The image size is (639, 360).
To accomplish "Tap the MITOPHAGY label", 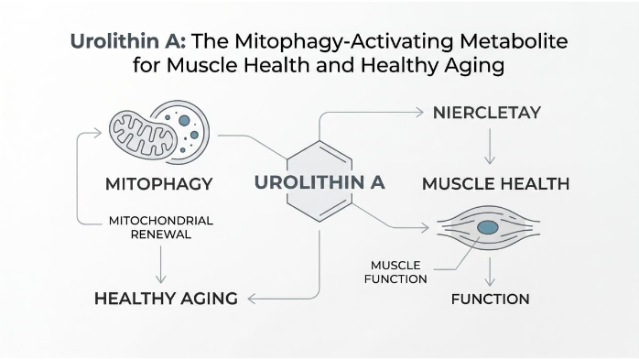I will point(158,183).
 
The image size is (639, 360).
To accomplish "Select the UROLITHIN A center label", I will point(319,181).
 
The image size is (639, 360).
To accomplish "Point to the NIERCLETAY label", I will point(487,113).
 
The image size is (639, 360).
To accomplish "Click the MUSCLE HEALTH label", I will point(495,183).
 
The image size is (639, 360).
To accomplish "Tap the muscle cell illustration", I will point(488,226).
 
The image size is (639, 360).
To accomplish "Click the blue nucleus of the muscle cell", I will point(488,226).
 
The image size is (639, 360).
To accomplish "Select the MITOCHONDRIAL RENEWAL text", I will point(161,226).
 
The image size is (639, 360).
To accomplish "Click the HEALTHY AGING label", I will point(166,298).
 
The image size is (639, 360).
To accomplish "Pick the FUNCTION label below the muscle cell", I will point(490,299).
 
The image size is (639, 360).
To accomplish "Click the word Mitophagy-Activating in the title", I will point(385,42).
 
